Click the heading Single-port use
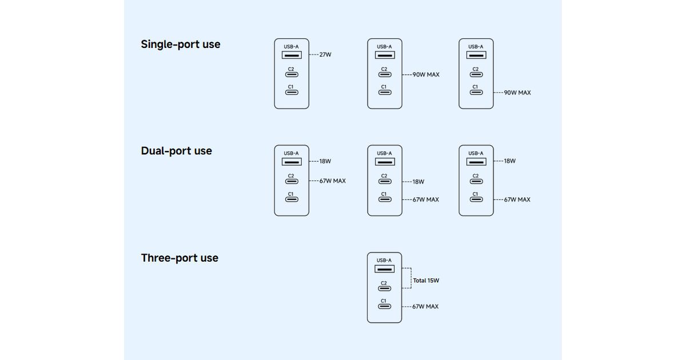pos(180,44)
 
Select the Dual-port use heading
pos(176,151)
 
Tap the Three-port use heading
pos(180,258)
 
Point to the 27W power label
pos(325,55)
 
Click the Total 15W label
pos(426,281)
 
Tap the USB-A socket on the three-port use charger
pos(384,269)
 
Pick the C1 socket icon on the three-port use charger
pos(384,306)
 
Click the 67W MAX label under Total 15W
pos(425,306)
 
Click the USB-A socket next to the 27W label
pos(291,55)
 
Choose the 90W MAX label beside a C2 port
pos(426,75)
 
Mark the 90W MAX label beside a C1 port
pos(517,93)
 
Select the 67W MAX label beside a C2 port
pos(332,181)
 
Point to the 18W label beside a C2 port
pos(418,182)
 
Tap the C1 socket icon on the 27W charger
pos(291,93)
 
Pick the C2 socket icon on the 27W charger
pos(291,75)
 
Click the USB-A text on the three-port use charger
pos(384,260)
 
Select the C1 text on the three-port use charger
pos(384,301)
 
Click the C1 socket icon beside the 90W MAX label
pos(476,93)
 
